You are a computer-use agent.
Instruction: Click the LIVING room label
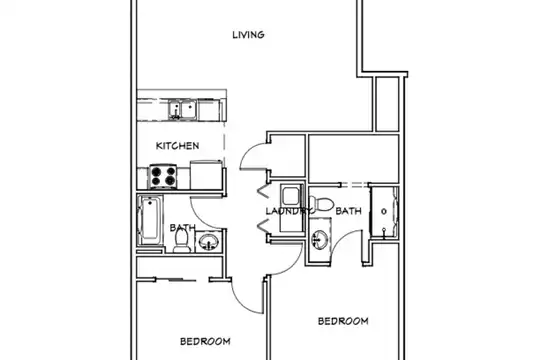(x=248, y=35)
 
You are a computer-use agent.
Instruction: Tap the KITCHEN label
(x=177, y=146)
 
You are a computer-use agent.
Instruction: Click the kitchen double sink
(x=183, y=109)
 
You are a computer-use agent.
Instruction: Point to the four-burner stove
(x=163, y=176)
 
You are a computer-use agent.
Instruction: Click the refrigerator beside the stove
(x=206, y=175)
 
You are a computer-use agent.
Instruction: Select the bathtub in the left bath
(x=150, y=220)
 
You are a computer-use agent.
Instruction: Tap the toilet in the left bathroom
(x=181, y=240)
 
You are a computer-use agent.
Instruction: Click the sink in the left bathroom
(x=208, y=241)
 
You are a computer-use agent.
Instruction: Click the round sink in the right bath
(x=320, y=239)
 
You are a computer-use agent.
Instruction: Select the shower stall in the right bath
(x=384, y=212)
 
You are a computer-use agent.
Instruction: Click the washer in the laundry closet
(x=291, y=195)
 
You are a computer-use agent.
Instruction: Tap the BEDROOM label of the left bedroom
(x=205, y=341)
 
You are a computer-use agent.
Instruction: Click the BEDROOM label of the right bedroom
(x=343, y=321)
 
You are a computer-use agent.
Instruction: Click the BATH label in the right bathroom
(x=349, y=210)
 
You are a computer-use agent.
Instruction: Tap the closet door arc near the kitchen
(x=245, y=151)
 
